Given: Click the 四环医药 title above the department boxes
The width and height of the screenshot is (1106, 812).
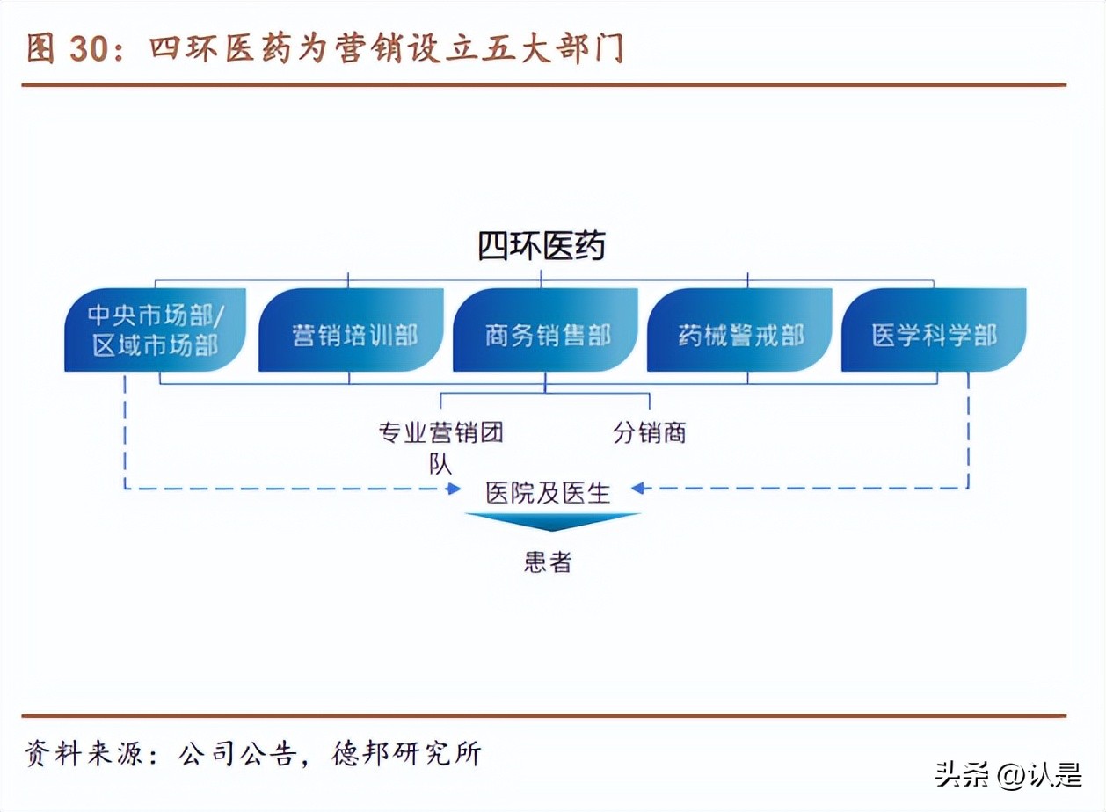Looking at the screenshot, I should click(542, 247).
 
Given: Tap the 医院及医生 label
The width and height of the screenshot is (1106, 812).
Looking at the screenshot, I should click(548, 492).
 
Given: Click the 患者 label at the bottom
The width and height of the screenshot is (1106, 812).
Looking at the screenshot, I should click(548, 562).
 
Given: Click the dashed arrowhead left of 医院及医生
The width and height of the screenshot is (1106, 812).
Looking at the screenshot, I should click(455, 489).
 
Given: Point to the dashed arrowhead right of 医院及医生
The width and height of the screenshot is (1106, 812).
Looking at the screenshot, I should click(639, 489).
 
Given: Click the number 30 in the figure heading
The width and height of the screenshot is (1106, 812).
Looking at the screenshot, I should click(89, 49).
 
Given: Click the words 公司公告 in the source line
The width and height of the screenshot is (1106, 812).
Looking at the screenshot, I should click(236, 755).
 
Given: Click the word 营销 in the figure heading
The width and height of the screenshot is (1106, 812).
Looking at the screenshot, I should click(359, 48).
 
